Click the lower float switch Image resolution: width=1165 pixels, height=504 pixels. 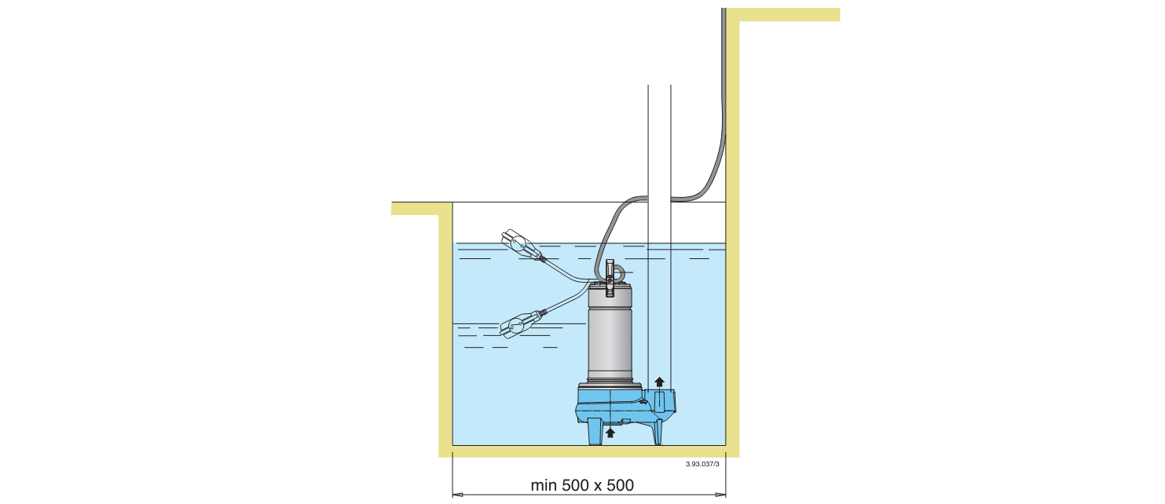click(518, 324)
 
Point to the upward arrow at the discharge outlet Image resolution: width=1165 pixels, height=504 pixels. click(660, 382)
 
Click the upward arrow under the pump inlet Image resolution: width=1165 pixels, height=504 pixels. click(610, 431)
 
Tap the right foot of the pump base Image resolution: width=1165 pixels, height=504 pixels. click(656, 431)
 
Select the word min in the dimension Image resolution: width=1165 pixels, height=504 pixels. click(544, 485)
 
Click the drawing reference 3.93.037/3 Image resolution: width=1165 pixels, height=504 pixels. click(702, 464)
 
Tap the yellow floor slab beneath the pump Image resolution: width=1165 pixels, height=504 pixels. click(589, 451)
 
